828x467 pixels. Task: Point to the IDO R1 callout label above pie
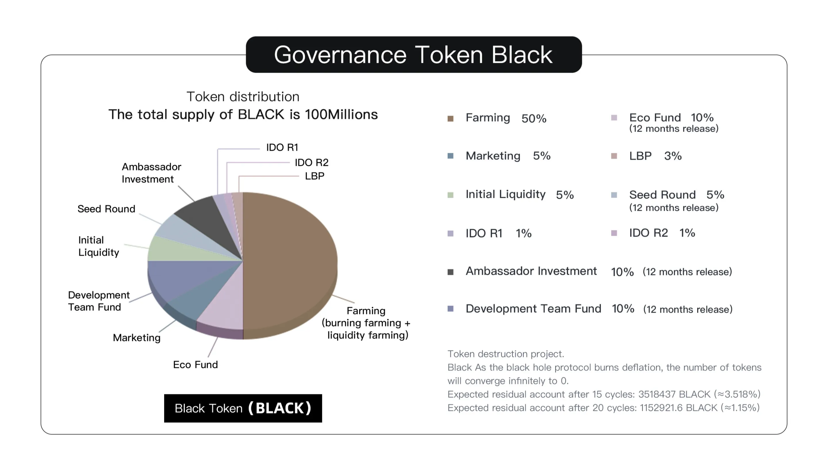[x=282, y=147]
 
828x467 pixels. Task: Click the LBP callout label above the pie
[x=314, y=176]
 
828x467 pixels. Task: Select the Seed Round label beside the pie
[x=106, y=209]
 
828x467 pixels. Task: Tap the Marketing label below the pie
[x=136, y=338]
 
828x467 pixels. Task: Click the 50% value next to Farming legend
[x=534, y=118]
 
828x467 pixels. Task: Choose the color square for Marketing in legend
[x=450, y=156]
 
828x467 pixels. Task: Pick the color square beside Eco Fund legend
[x=614, y=118]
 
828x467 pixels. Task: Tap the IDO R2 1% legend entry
[x=662, y=233]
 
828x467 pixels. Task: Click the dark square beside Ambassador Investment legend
[x=450, y=272]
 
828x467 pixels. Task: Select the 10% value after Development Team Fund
[x=623, y=309]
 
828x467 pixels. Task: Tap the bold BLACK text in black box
[x=280, y=408]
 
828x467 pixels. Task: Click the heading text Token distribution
[x=243, y=96]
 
